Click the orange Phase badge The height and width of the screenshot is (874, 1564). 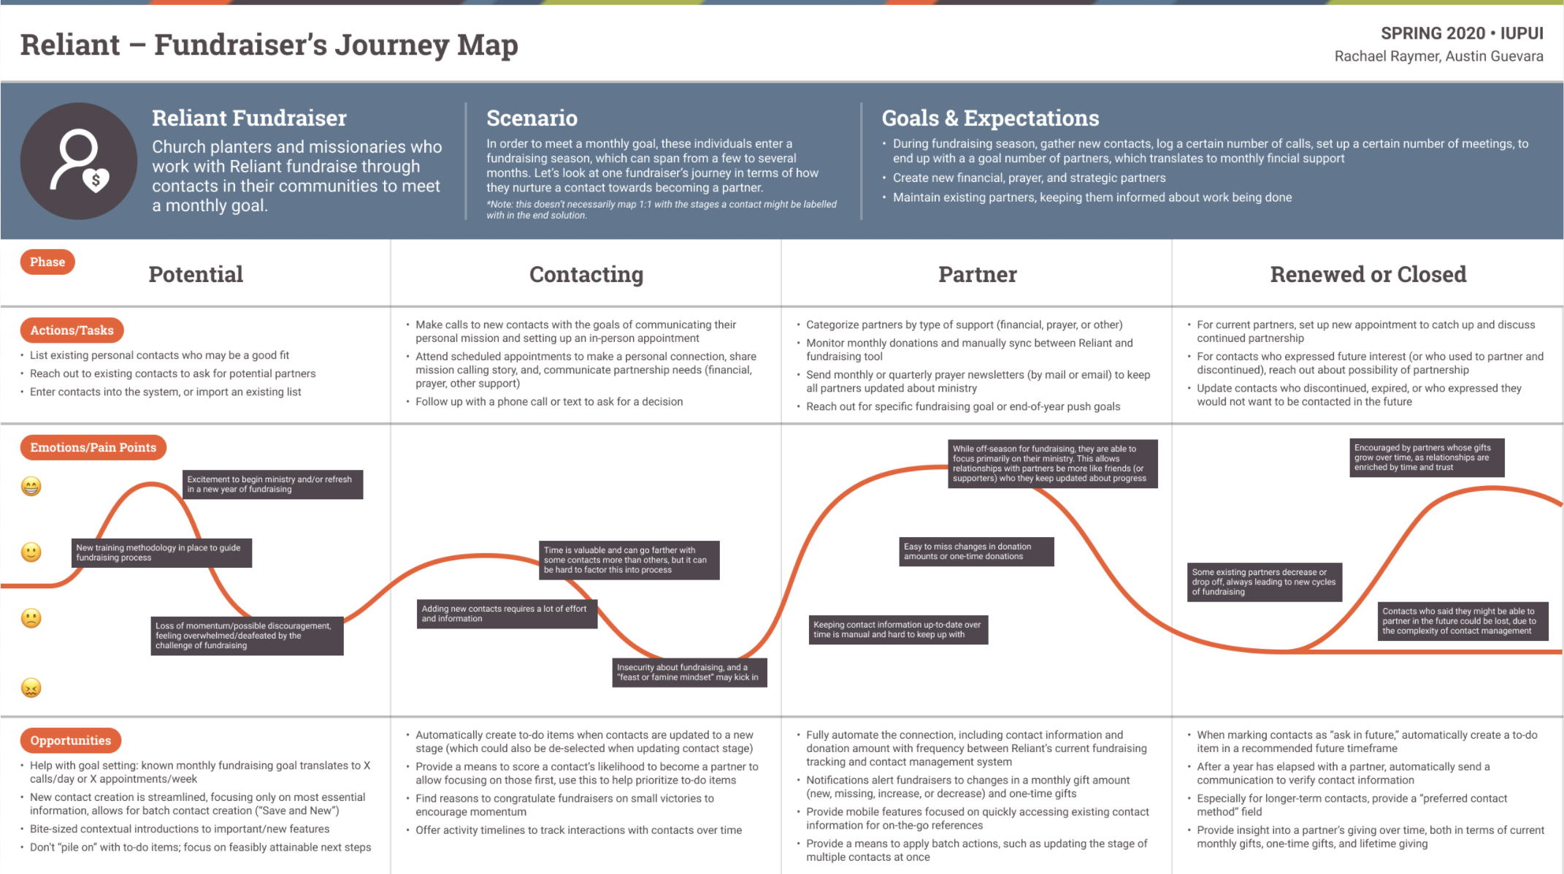47,262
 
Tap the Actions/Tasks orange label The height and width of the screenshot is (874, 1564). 72,330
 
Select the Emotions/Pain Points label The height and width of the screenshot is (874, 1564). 93,447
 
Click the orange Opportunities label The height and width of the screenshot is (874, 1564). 70,740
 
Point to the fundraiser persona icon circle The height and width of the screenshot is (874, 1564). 79,161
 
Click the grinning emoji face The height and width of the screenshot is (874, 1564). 31,486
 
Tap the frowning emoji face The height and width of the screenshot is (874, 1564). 31,618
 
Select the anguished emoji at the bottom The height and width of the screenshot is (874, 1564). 31,688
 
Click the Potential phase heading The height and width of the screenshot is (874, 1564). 196,274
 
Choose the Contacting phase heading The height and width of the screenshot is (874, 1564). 586,274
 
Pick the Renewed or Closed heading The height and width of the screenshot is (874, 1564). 1368,274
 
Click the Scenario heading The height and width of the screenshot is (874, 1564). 532,118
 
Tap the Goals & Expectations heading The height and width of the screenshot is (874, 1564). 990,118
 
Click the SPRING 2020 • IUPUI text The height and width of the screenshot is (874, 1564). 1462,34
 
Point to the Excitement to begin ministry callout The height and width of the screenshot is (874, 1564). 272,484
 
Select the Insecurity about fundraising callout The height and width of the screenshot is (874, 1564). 689,672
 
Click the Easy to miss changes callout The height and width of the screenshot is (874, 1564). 976,552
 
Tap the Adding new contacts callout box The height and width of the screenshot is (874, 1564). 507,614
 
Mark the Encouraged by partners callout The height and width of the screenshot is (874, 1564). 1427,457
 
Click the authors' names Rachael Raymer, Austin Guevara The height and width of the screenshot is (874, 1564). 1438,56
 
